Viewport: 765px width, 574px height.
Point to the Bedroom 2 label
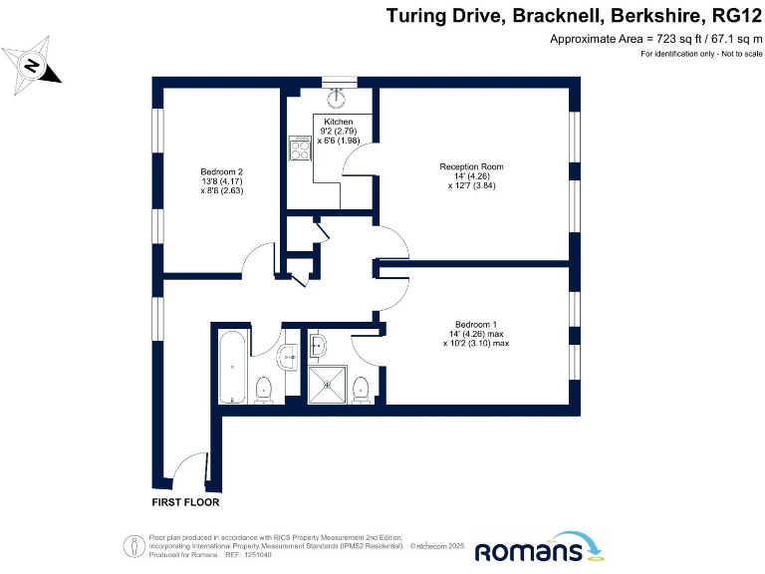click(x=221, y=171)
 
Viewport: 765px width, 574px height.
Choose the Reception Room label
click(x=471, y=166)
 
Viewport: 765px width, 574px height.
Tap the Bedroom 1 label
click(x=475, y=325)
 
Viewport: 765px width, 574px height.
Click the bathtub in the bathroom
click(x=231, y=366)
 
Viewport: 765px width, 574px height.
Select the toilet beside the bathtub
click(x=264, y=390)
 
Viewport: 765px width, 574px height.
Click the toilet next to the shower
click(x=361, y=390)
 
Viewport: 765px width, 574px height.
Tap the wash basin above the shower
click(x=318, y=345)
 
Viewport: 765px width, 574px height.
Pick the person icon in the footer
click(x=131, y=545)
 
